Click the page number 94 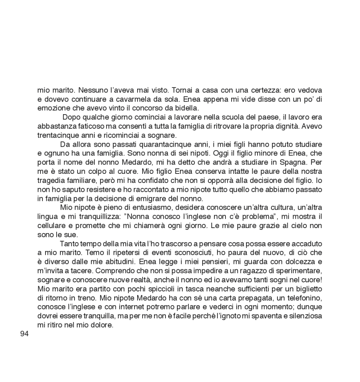point(24,334)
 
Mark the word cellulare point(52,225)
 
